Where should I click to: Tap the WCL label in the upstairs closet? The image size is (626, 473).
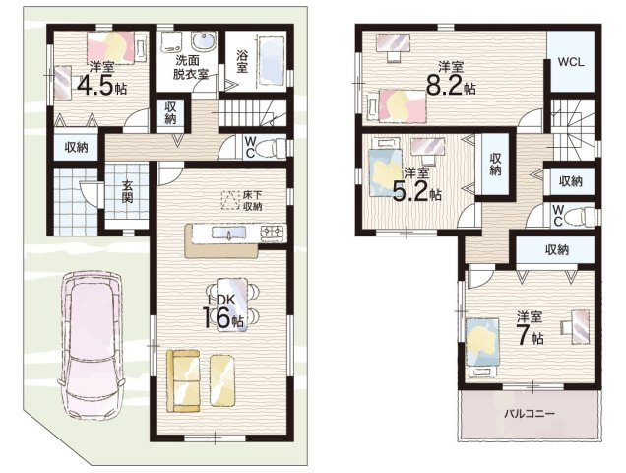click(571, 62)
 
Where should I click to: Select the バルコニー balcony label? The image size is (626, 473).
click(529, 414)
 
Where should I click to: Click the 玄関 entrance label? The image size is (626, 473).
click(127, 191)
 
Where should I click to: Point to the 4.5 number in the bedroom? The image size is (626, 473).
click(95, 85)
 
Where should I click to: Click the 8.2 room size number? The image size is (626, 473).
click(445, 85)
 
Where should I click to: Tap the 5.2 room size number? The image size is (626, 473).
click(411, 192)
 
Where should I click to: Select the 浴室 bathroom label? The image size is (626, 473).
click(241, 61)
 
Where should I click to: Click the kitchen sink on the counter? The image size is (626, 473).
click(228, 233)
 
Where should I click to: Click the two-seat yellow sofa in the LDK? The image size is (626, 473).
click(183, 380)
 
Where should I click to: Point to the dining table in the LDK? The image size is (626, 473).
click(232, 304)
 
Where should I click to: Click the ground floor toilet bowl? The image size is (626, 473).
click(271, 149)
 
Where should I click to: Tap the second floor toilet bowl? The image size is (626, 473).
click(582, 216)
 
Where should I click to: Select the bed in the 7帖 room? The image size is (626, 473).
click(482, 347)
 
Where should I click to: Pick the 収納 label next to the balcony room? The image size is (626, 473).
click(557, 250)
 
